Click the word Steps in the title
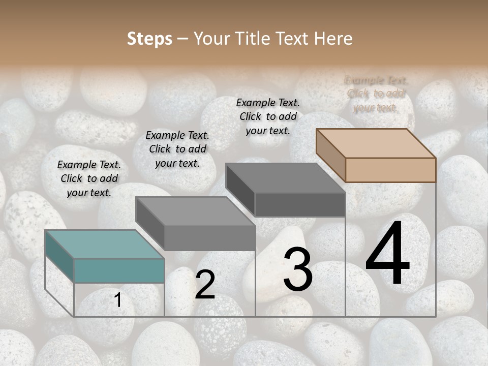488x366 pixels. pyautogui.click(x=149, y=39)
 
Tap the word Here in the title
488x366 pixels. pyautogui.click(x=333, y=39)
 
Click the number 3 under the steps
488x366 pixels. pyautogui.click(x=297, y=269)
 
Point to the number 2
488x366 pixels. pyautogui.click(x=205, y=285)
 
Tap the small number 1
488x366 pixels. pyautogui.click(x=118, y=300)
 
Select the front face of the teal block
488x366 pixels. pyautogui.click(x=119, y=270)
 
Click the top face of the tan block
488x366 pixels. pyautogui.click(x=376, y=143)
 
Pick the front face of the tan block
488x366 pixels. pyautogui.click(x=390, y=170)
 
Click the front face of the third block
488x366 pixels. pyautogui.click(x=300, y=205)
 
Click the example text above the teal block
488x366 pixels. pyautogui.click(x=89, y=178)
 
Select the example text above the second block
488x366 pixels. pyautogui.click(x=177, y=149)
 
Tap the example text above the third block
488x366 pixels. pyautogui.click(x=268, y=116)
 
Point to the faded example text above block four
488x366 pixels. pyautogui.click(x=376, y=94)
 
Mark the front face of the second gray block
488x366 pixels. pyautogui.click(x=209, y=238)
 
